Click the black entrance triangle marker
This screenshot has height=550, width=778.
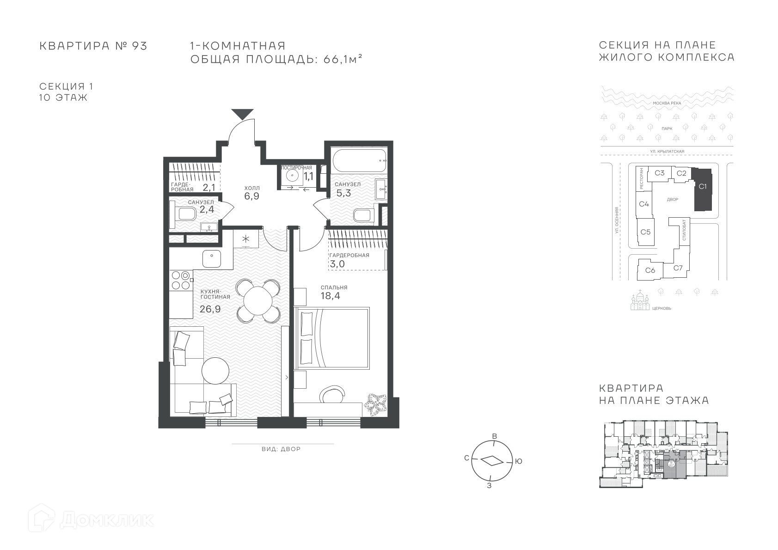pyautogui.click(x=242, y=114)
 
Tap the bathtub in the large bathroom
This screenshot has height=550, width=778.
pyautogui.click(x=359, y=160)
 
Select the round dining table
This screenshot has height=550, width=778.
pyautogui.click(x=258, y=300)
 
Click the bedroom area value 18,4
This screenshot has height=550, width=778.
pyautogui.click(x=331, y=296)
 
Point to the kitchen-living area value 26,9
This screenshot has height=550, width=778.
pyautogui.click(x=210, y=309)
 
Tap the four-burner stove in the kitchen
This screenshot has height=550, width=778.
pyautogui.click(x=181, y=280)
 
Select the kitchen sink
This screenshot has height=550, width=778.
pyautogui.click(x=212, y=259)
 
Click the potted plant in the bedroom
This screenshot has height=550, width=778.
pyautogui.click(x=375, y=404)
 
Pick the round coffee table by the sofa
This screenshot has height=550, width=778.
pyautogui.click(x=215, y=371)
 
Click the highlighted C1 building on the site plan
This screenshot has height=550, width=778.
pyautogui.click(x=703, y=189)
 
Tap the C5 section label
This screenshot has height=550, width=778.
pyautogui.click(x=645, y=232)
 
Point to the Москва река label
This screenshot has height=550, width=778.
pyautogui.click(x=667, y=103)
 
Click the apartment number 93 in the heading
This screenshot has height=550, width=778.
pyautogui.click(x=139, y=46)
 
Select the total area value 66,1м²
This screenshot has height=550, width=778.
pyautogui.click(x=343, y=59)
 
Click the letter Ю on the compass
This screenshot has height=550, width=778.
pyautogui.click(x=519, y=461)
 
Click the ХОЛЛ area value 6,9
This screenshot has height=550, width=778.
pyautogui.click(x=251, y=196)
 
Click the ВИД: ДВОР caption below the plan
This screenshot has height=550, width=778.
pyautogui.click(x=281, y=449)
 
